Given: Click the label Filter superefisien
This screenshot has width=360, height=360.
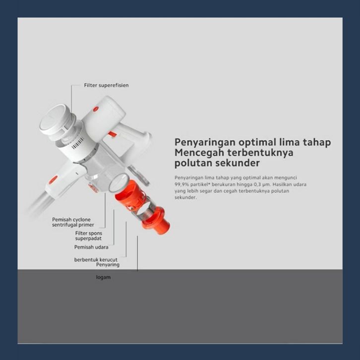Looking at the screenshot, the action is click(x=106, y=85).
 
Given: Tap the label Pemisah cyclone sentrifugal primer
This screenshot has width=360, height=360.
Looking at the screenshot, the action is click(x=73, y=222).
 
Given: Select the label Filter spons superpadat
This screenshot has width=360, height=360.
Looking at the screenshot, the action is click(x=88, y=236).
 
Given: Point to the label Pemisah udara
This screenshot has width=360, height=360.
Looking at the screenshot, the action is click(x=91, y=247).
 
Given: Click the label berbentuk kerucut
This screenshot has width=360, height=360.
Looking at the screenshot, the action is click(x=96, y=260).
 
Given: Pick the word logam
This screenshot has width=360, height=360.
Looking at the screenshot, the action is click(x=103, y=277).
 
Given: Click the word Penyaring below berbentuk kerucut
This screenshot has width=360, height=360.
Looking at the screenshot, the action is click(x=108, y=265).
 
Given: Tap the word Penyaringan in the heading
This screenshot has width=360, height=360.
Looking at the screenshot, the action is click(x=205, y=143).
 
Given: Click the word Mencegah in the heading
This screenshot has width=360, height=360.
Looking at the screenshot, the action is click(x=199, y=153).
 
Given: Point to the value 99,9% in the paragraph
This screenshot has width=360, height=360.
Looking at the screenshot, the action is click(x=181, y=184).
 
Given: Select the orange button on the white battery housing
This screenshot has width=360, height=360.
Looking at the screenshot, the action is click(x=96, y=109).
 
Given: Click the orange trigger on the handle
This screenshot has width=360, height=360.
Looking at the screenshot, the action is click(x=112, y=135).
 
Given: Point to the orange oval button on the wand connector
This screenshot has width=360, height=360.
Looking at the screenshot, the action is click(x=54, y=180).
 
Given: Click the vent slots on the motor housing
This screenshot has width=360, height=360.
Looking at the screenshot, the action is click(x=77, y=143).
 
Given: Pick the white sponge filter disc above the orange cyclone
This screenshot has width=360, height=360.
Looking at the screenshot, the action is click(x=118, y=183).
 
